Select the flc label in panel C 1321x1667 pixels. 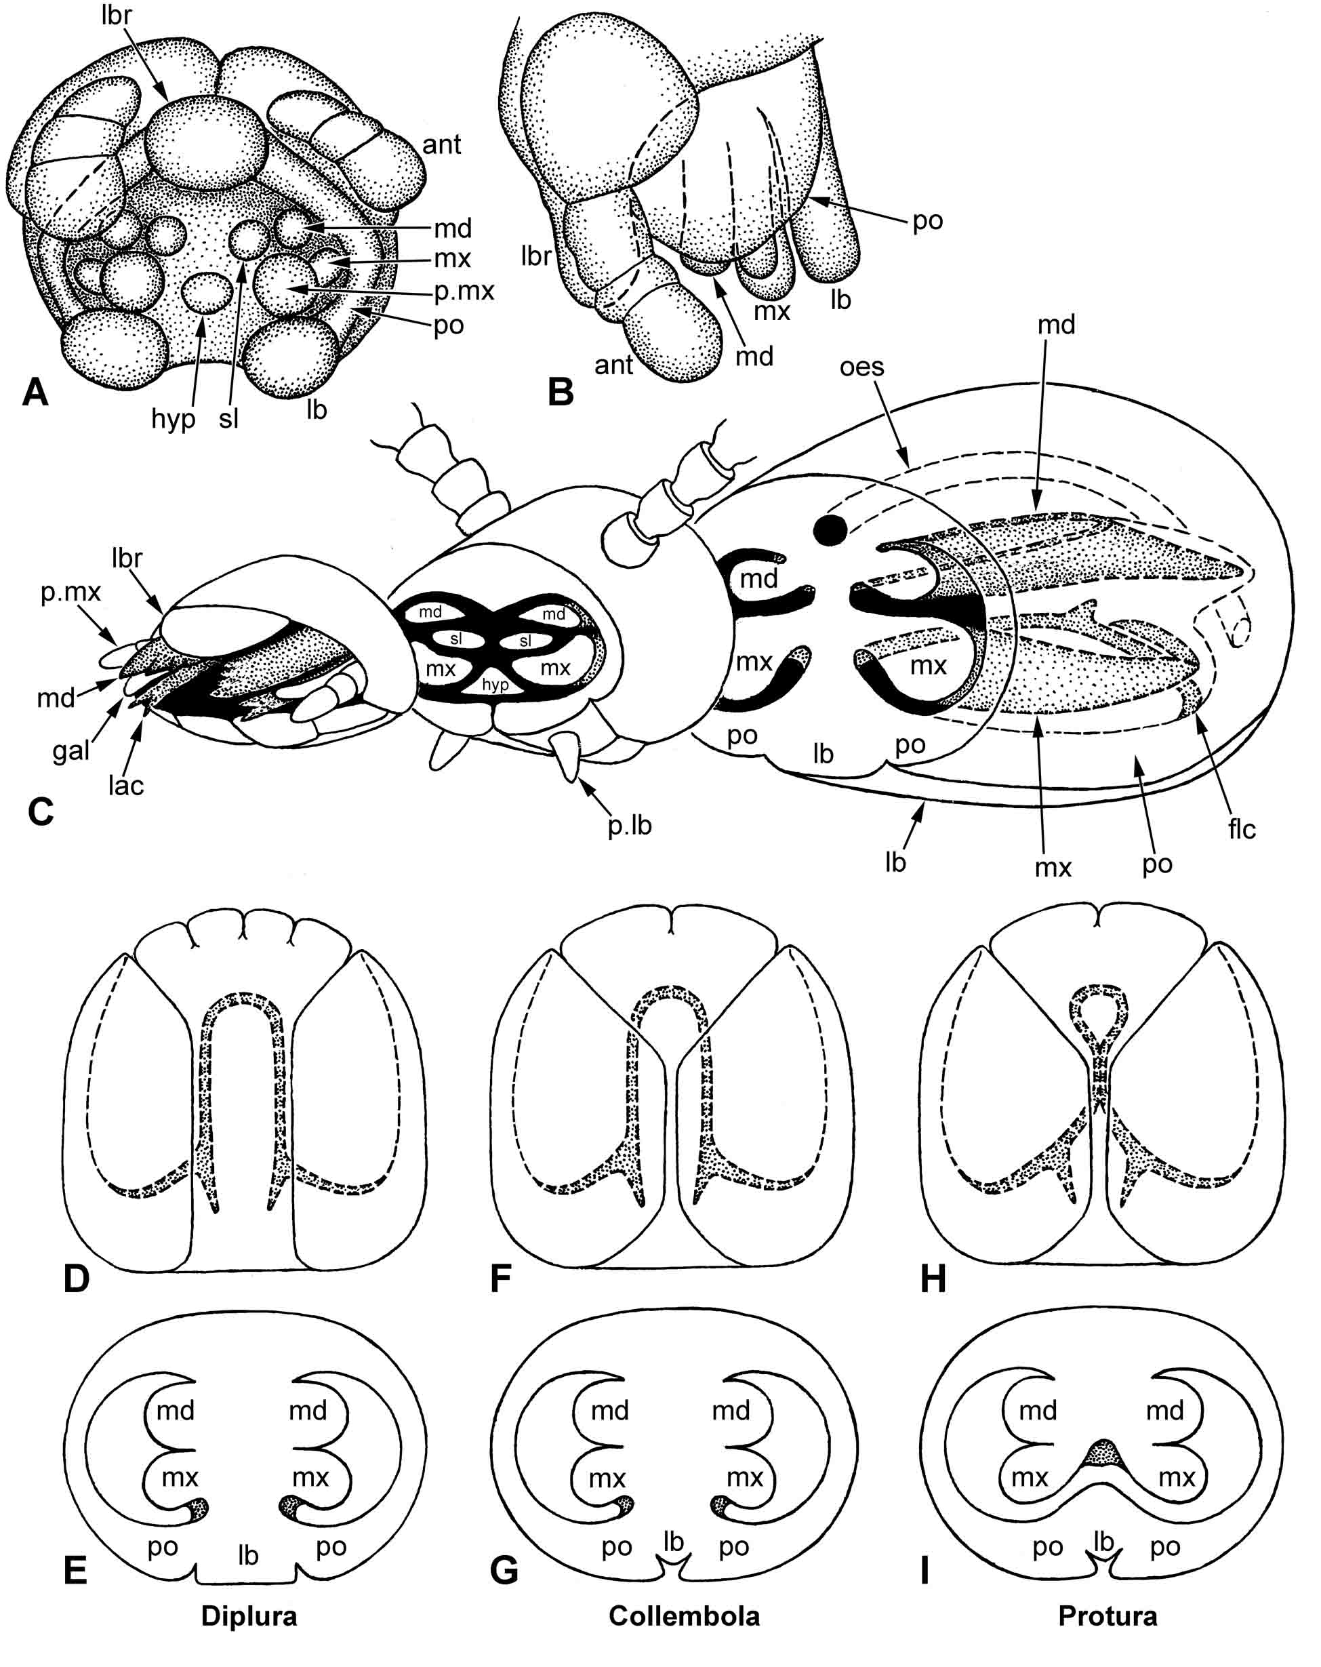1242,829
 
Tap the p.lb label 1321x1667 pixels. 629,826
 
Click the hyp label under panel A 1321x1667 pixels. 173,420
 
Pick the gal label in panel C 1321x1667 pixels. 71,750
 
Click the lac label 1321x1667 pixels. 125,786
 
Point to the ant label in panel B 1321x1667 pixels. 614,365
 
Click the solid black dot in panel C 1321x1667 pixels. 830,529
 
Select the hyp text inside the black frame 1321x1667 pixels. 495,684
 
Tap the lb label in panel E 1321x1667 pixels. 247,1556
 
